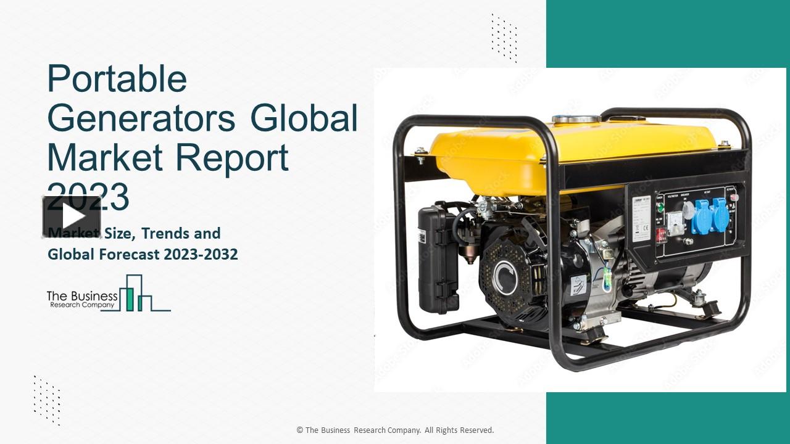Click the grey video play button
(x=72, y=216)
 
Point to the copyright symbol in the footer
(x=300, y=430)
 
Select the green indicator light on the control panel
(x=660, y=208)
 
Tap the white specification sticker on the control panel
(x=641, y=219)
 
